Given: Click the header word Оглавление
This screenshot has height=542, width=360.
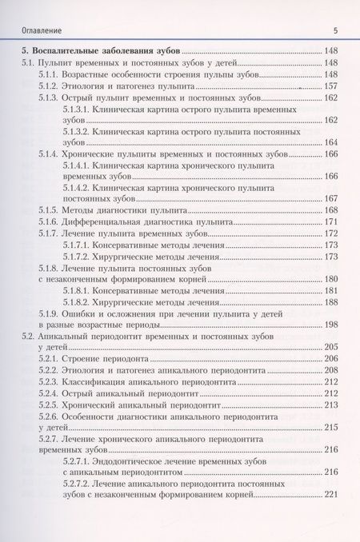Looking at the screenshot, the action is click(33, 30).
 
